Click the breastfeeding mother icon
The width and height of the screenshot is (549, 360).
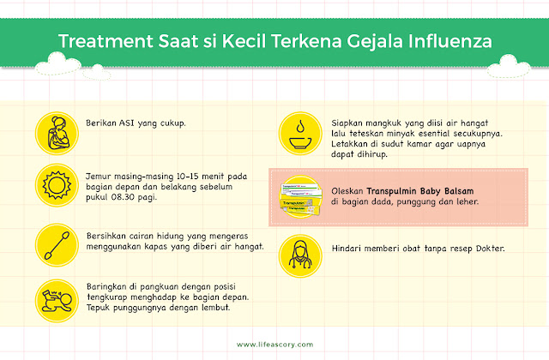57,134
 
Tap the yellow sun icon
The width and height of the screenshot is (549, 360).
57,185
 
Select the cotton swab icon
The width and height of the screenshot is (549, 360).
57,245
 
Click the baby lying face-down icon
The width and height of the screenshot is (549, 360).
57,301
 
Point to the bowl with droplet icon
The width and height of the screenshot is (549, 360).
300,134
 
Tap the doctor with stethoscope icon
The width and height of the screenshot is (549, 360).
300,256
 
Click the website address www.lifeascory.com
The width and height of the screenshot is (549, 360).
274,345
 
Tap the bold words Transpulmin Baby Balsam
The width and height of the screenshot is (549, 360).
419,191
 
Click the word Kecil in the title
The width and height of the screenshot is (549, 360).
244,41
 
